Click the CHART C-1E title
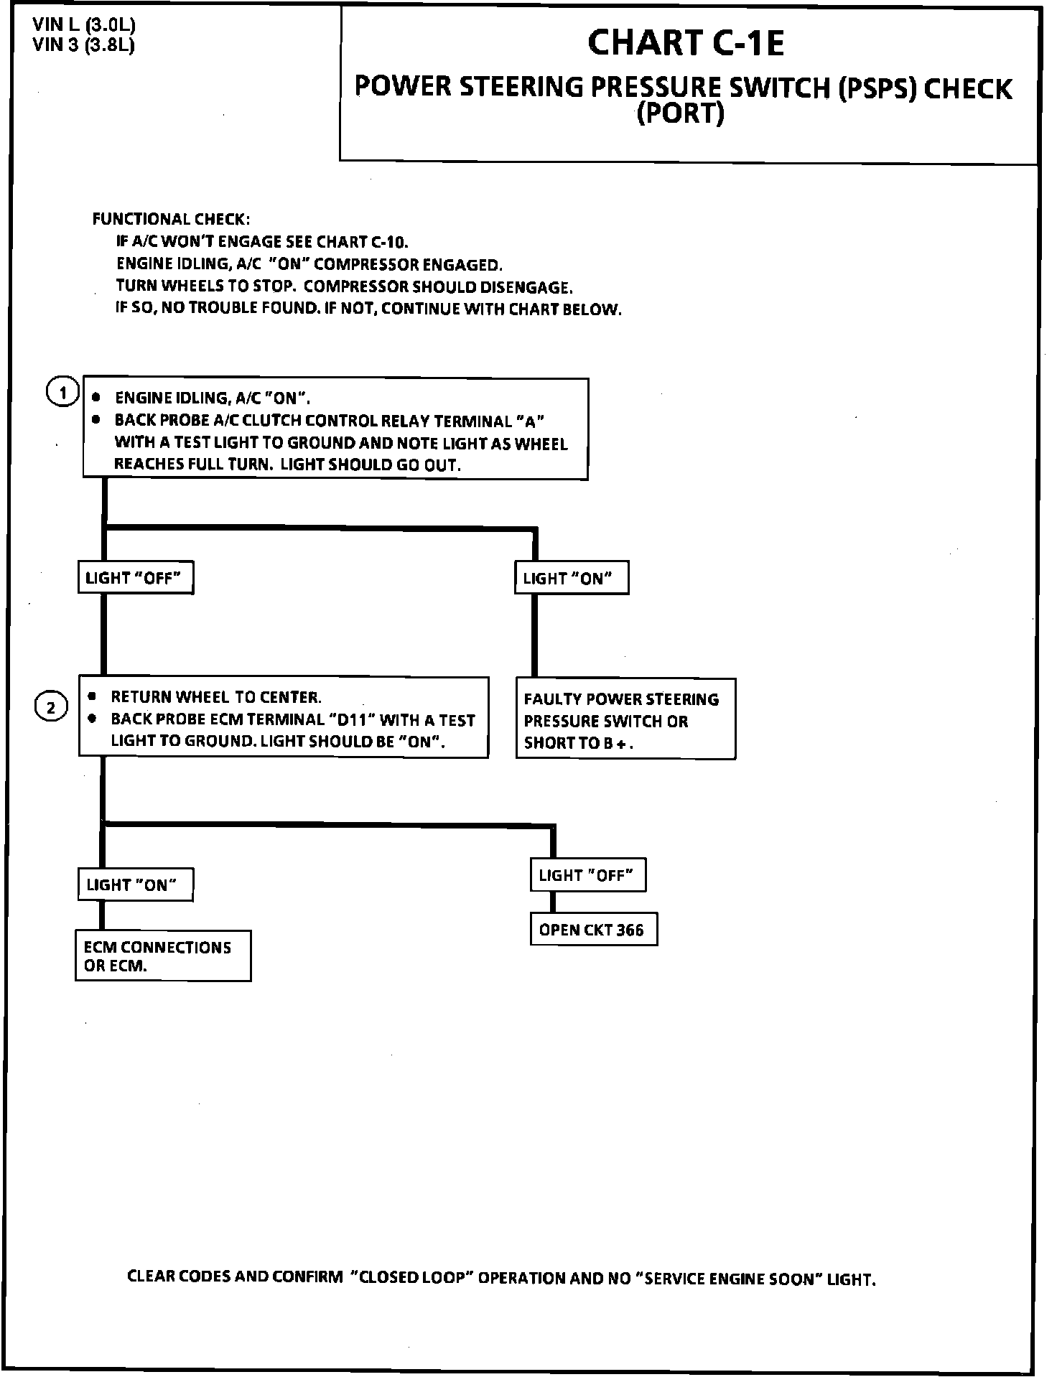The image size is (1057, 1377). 686,43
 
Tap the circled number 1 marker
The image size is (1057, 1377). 62,393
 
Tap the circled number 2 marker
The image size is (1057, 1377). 51,709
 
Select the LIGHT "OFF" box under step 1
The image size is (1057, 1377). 135,578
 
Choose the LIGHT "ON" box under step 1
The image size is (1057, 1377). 571,578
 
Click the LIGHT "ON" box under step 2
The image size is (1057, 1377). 135,884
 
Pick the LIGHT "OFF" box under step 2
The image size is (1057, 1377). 587,875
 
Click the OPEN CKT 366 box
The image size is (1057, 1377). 593,930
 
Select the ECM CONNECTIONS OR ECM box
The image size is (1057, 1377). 163,956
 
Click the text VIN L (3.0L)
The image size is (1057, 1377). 84,25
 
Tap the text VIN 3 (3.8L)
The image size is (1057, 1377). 84,45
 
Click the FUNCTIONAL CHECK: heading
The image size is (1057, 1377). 171,219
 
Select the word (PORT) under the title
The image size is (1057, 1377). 680,113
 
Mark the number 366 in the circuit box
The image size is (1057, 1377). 630,930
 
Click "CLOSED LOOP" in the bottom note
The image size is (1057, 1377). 411,1278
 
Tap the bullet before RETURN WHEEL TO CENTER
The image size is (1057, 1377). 92,696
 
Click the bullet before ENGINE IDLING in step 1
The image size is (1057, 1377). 96,398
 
